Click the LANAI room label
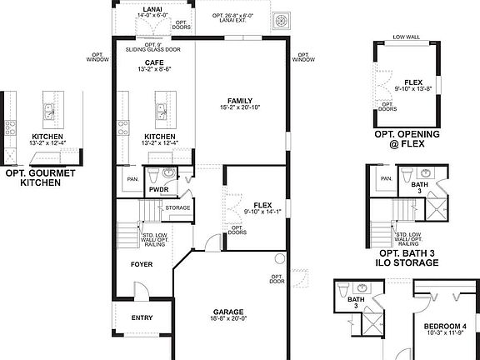coord(153,7)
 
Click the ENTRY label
coord(142,317)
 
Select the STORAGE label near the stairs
coord(178,207)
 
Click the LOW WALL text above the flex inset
coord(407,37)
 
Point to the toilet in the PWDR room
coord(168,173)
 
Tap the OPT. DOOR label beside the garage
coord(277,278)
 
